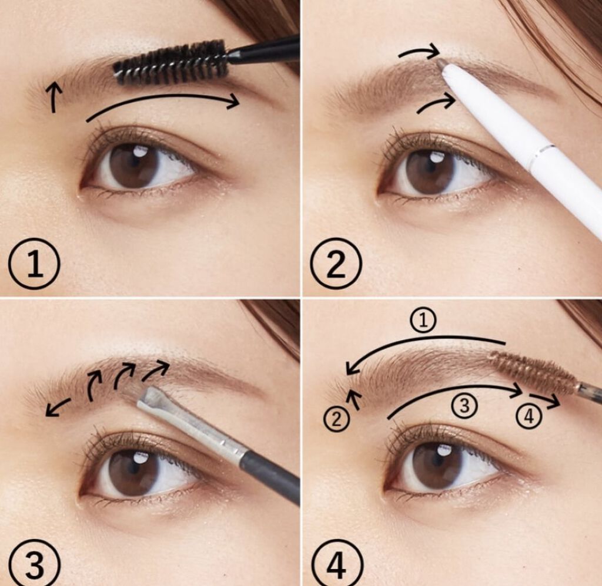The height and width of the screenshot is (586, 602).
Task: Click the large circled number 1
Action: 34,265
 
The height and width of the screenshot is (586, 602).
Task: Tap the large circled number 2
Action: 336,265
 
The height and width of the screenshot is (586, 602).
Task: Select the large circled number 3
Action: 34,564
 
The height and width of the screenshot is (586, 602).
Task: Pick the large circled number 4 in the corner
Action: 336,564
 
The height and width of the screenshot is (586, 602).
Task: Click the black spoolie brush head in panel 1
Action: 172,63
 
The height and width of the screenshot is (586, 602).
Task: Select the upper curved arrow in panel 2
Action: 419,52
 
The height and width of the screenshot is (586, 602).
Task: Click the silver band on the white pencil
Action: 541,153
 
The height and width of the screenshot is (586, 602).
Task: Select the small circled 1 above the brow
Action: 423,321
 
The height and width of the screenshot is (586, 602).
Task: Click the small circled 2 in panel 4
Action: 336,420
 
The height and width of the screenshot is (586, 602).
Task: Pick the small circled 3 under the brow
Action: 464,406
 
